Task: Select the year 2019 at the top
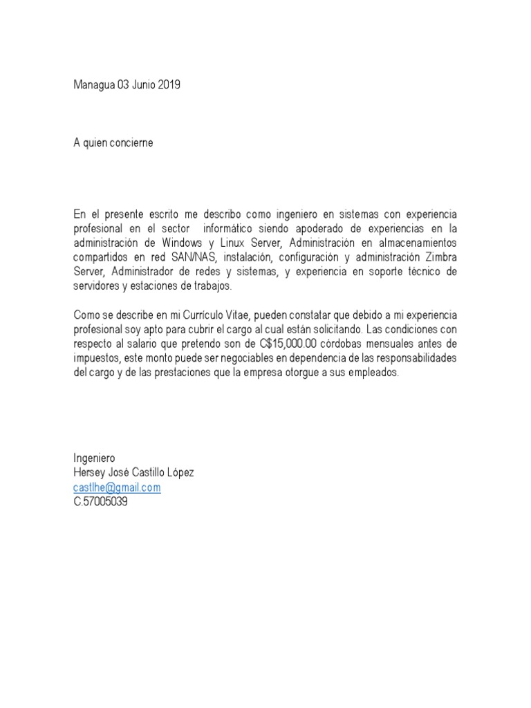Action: (x=167, y=86)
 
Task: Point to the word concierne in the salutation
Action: (x=130, y=143)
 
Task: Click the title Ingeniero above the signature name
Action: (x=95, y=458)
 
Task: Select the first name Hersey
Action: (x=89, y=473)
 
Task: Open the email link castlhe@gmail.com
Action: (x=118, y=487)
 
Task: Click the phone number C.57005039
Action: (x=101, y=502)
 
